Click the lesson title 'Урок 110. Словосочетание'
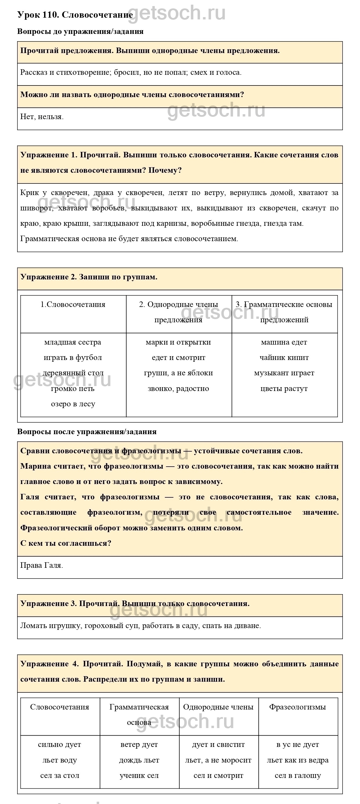click(x=75, y=15)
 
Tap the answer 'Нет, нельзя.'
click(x=42, y=117)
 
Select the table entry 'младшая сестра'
click(x=73, y=342)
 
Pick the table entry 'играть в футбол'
click(x=73, y=357)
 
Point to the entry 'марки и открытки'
click(x=178, y=342)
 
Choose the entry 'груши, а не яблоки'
click(x=178, y=373)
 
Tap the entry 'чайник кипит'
click(x=284, y=357)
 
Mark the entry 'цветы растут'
click(x=284, y=389)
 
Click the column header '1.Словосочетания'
click(x=73, y=304)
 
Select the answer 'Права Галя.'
click(x=41, y=565)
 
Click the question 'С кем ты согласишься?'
click(x=66, y=543)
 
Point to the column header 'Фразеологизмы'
click(x=298, y=707)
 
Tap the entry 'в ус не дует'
click(x=298, y=745)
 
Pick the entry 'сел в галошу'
click(x=298, y=776)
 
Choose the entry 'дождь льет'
click(x=139, y=760)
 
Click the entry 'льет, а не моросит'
click(x=218, y=760)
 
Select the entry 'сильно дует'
click(x=59, y=745)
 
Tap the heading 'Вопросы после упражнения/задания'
click(x=87, y=432)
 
